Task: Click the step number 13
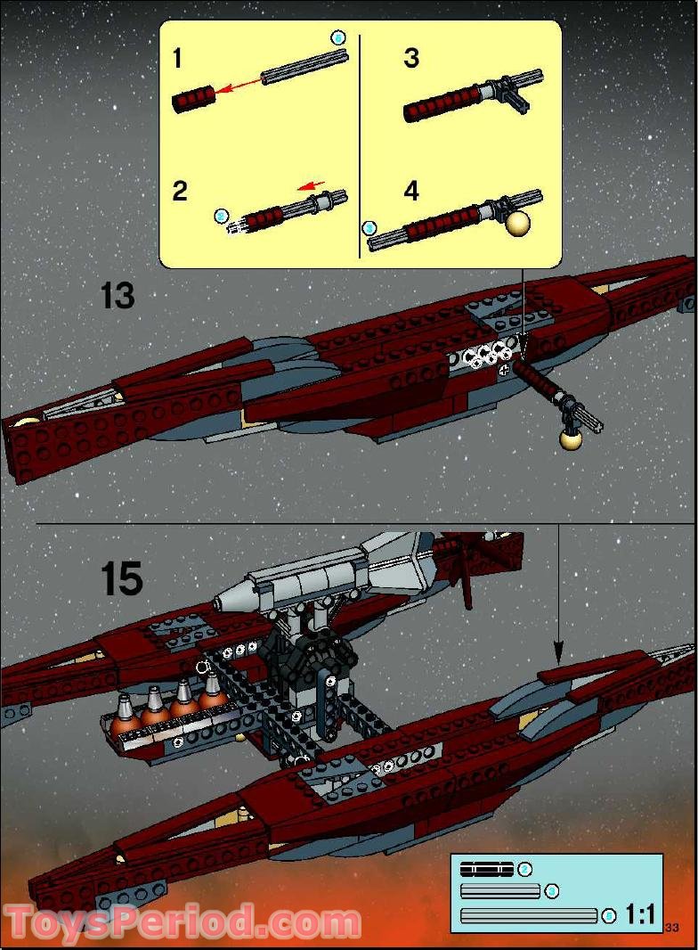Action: coord(118,295)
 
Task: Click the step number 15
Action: coord(121,579)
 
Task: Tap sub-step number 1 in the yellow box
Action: coord(177,59)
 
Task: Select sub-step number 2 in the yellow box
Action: coord(180,191)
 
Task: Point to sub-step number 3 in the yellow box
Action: coord(410,59)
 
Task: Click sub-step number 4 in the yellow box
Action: coord(411,191)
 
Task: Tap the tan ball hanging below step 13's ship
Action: coord(571,439)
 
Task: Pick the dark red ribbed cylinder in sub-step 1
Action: coord(195,97)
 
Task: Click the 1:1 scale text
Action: coord(640,913)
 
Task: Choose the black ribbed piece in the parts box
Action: coord(486,868)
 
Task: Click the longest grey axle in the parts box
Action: coord(529,915)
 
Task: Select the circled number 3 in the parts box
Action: coord(551,891)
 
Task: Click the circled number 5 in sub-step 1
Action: coord(337,37)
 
